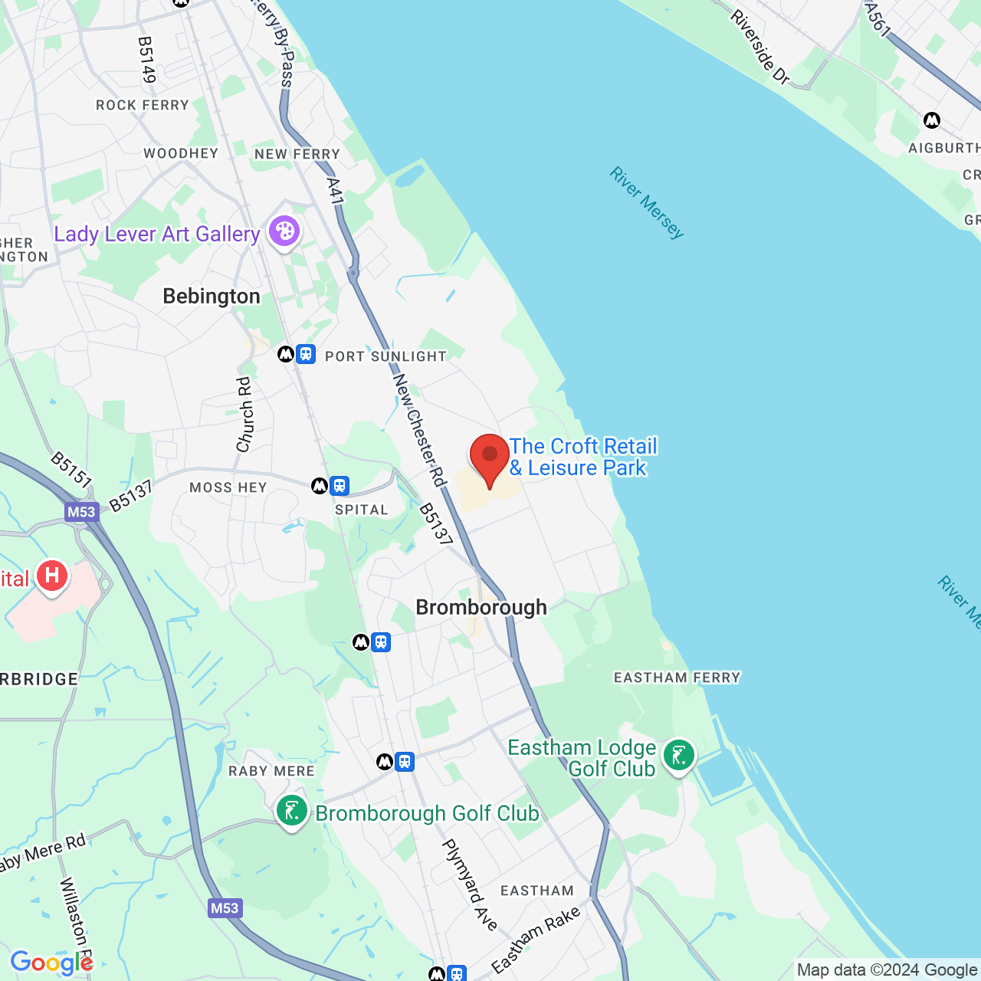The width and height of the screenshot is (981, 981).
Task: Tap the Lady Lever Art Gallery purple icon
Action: pyautogui.click(x=284, y=231)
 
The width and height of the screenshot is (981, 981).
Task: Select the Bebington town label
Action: pyautogui.click(x=212, y=297)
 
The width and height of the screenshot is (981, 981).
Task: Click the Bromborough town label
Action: pyautogui.click(x=481, y=608)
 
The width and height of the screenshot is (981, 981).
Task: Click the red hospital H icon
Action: pyautogui.click(x=52, y=576)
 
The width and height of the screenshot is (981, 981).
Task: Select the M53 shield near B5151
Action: pyautogui.click(x=81, y=513)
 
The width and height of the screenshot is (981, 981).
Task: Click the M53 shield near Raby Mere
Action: pyautogui.click(x=224, y=908)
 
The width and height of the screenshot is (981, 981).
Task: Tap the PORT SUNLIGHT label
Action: pyautogui.click(x=386, y=356)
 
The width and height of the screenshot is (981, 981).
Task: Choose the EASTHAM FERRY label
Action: pyautogui.click(x=678, y=678)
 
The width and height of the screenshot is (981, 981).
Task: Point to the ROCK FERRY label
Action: pyautogui.click(x=143, y=105)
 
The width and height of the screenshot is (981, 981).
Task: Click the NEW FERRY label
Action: pyautogui.click(x=297, y=154)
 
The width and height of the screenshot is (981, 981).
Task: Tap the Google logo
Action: pyautogui.click(x=51, y=963)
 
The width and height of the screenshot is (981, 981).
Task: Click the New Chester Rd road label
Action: pyautogui.click(x=418, y=429)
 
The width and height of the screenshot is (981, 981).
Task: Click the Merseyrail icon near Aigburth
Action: pyautogui.click(x=932, y=120)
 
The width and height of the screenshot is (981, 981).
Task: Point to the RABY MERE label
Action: pyautogui.click(x=271, y=771)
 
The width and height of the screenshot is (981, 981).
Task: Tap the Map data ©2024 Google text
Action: pyautogui.click(x=887, y=970)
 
